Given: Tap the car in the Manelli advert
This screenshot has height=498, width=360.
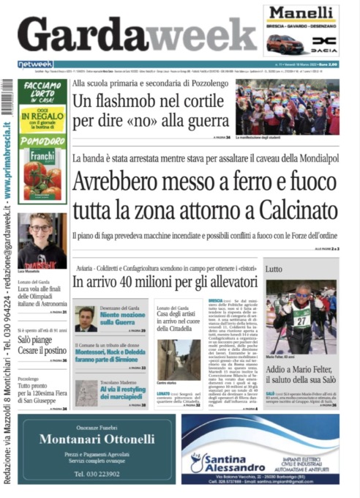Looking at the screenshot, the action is [285, 44].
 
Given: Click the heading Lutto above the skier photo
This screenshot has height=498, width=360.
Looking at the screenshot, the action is [274, 270].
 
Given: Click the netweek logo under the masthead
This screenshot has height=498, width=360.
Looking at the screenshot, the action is [36, 64].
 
